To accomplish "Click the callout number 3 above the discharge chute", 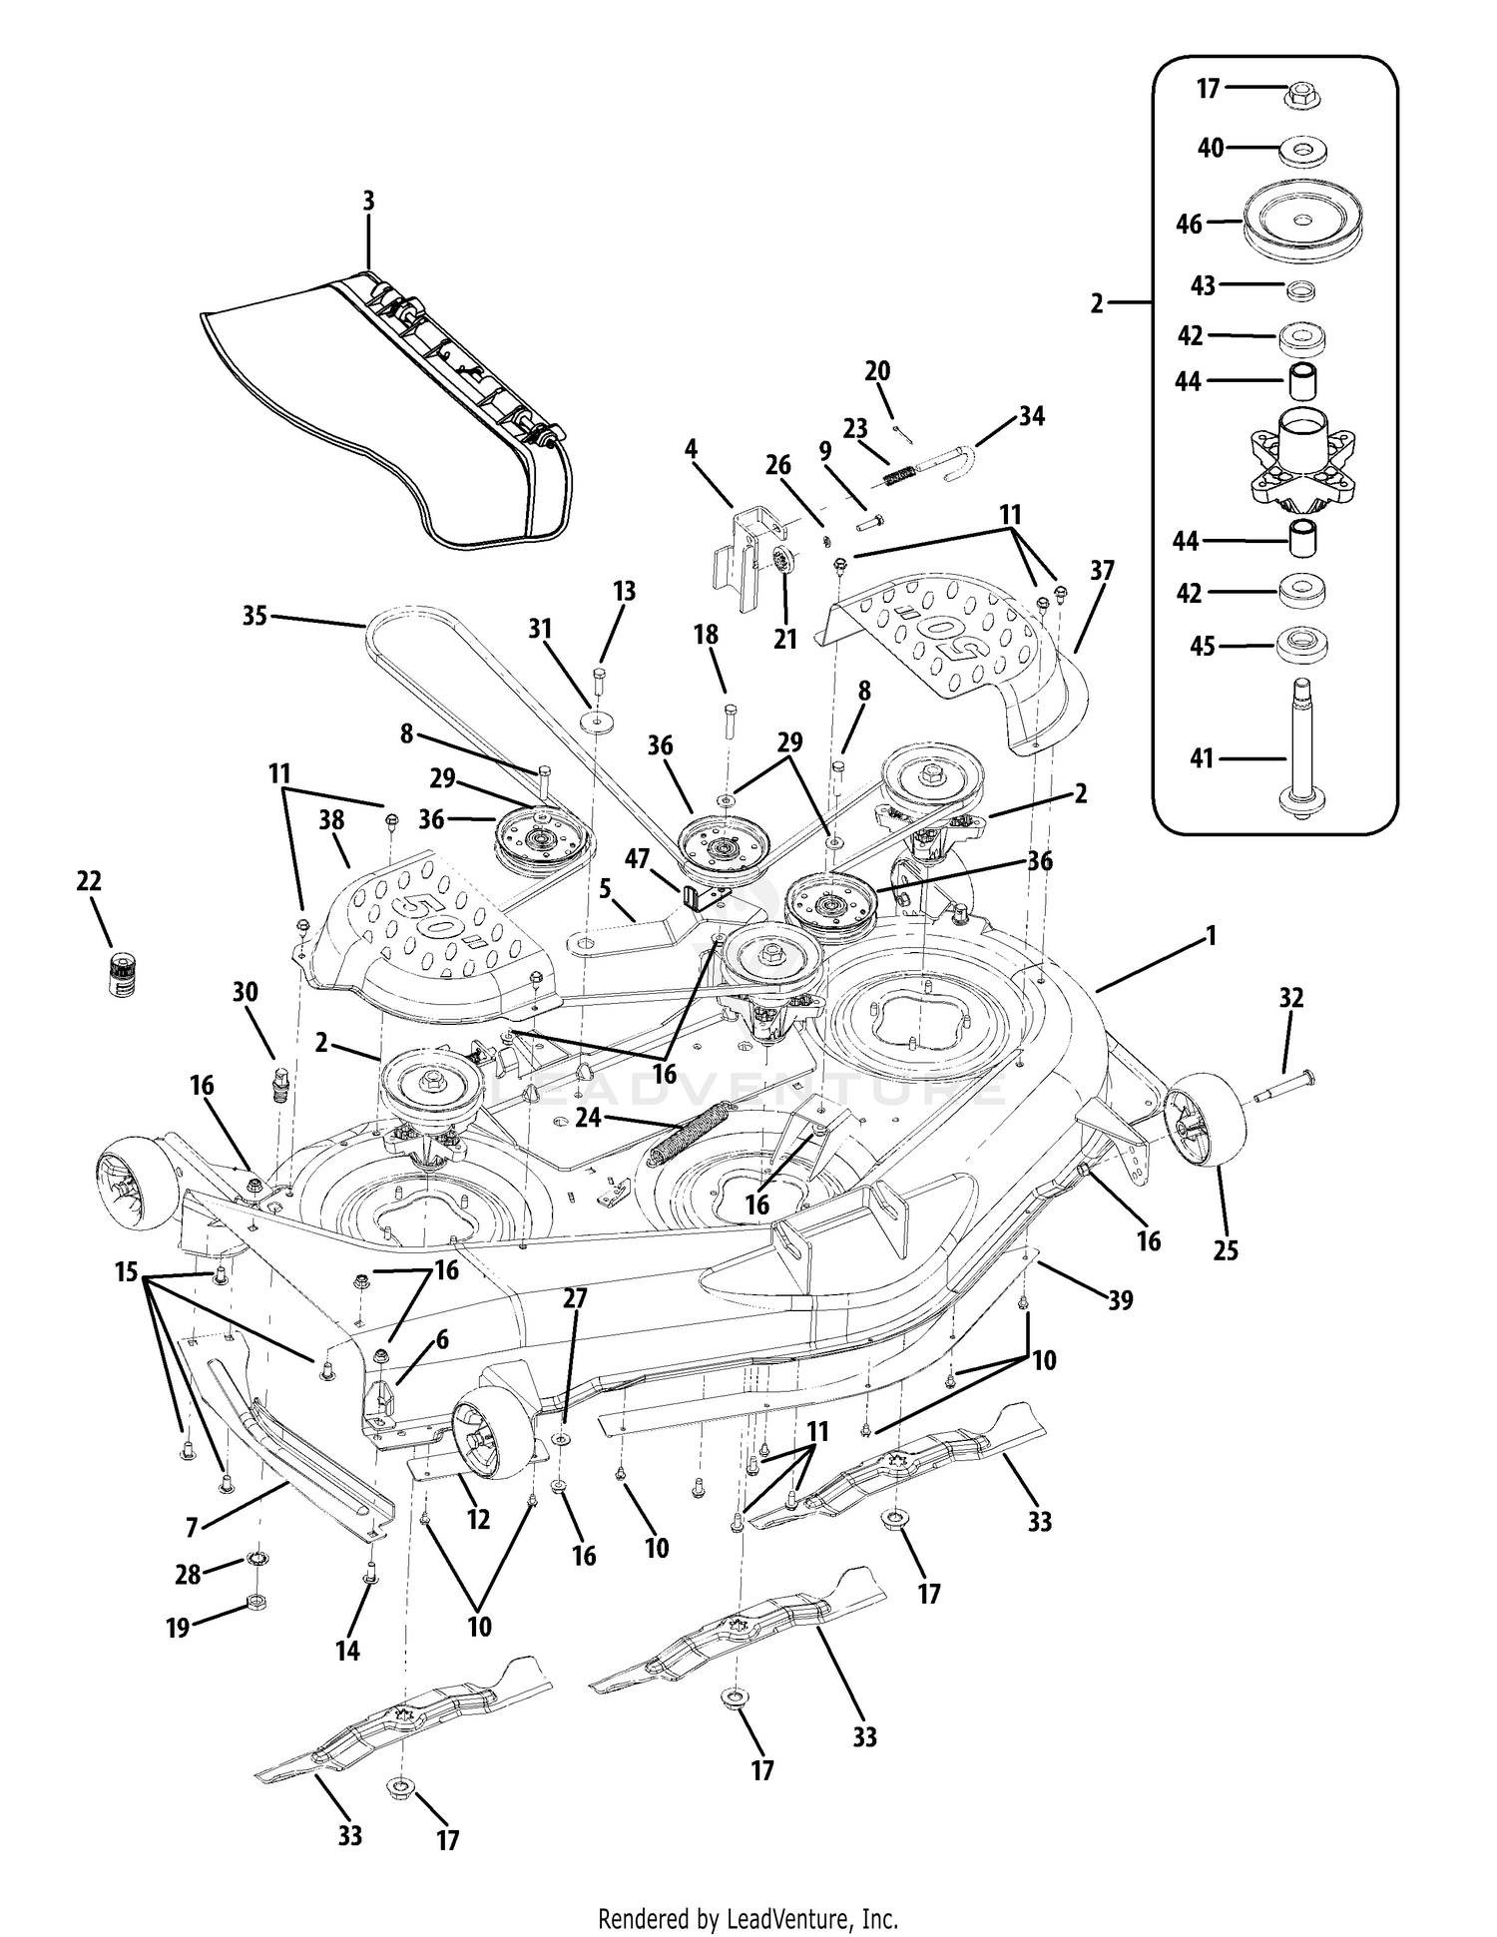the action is point(368,201).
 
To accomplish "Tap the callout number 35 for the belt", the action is point(255,616).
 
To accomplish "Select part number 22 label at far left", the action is point(89,882).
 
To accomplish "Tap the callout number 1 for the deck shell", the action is point(1212,936).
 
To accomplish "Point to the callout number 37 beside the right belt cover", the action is point(1102,571).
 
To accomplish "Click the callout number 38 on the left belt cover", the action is point(331,820).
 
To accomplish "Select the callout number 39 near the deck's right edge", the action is point(1121,1300).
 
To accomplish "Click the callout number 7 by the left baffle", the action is point(193,1525).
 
